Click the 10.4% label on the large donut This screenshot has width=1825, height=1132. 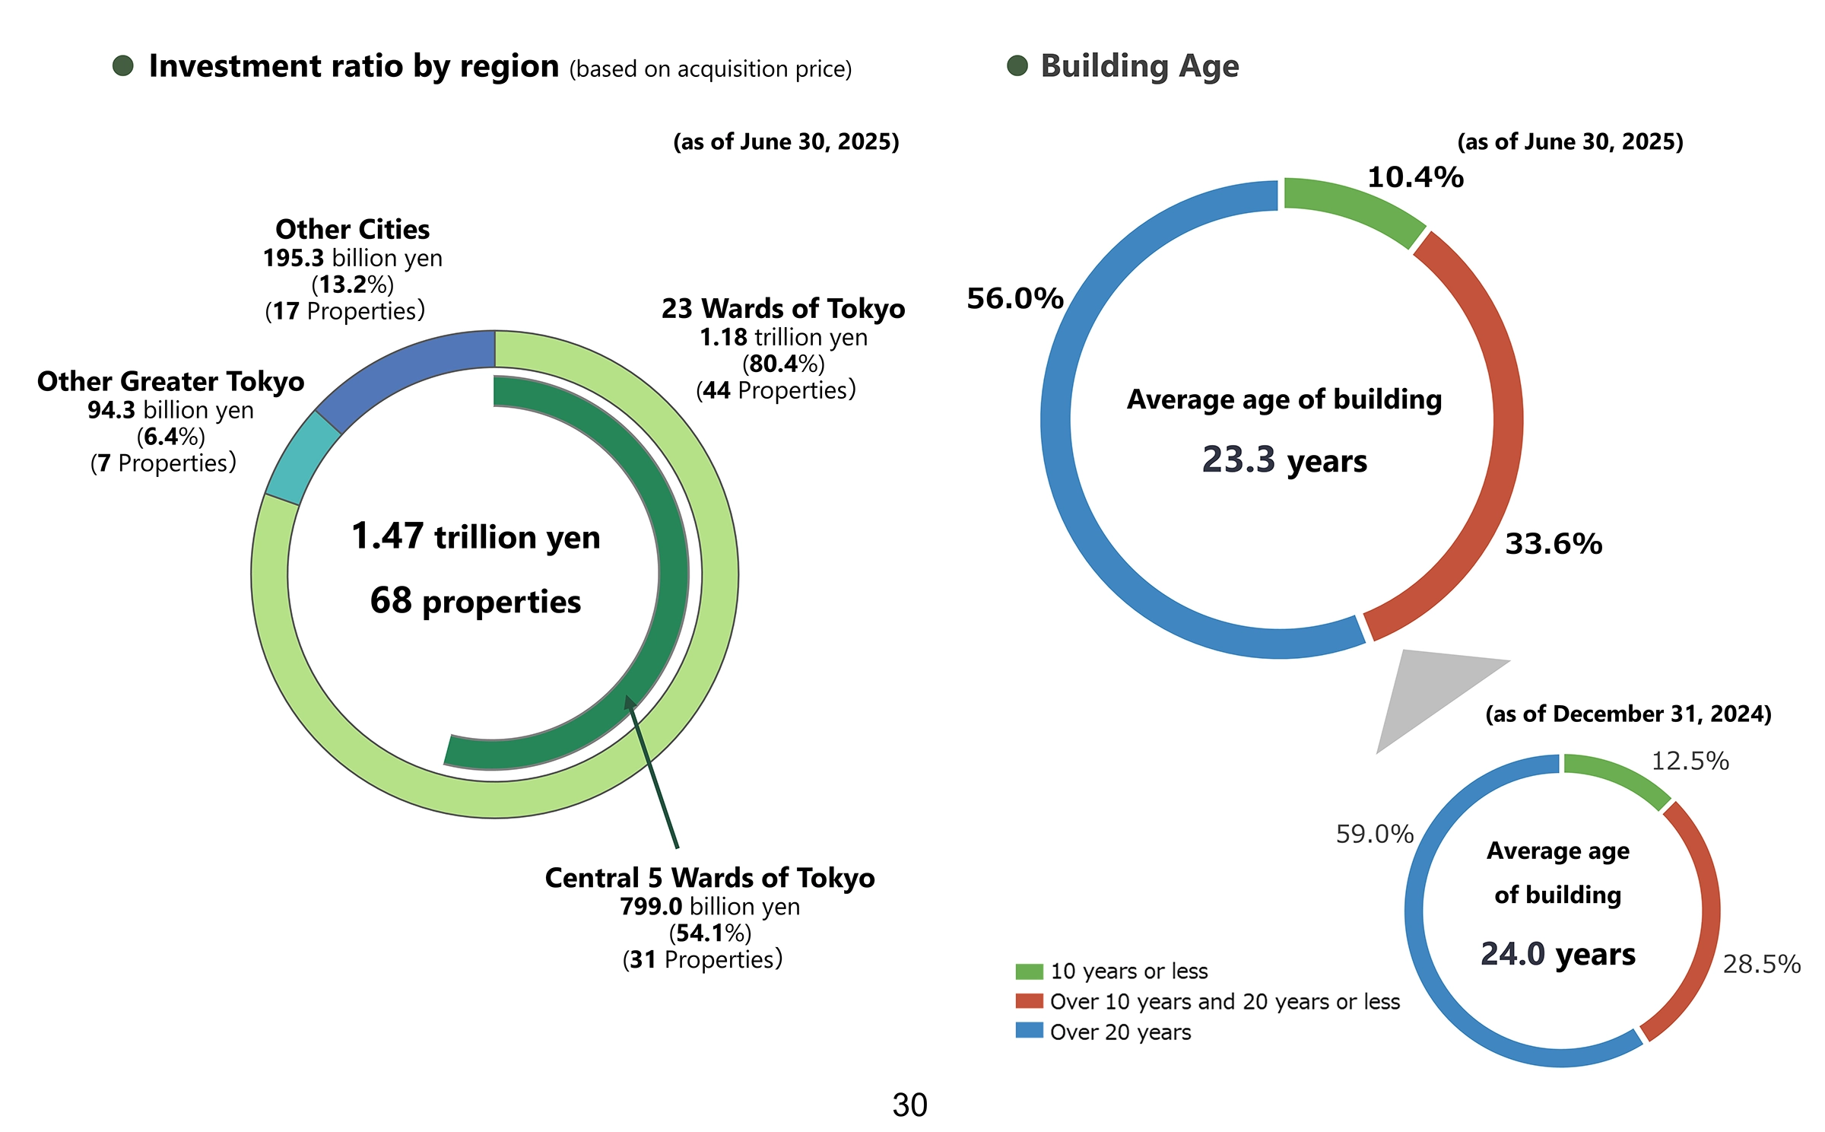(1414, 177)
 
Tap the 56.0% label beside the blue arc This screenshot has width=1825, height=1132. (1014, 298)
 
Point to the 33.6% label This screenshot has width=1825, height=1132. (1554, 544)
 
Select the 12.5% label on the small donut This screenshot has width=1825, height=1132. (1690, 761)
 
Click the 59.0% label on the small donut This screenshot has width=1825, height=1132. (1374, 834)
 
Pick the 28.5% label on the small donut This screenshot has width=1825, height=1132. (1761, 964)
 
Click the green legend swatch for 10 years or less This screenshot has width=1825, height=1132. (1029, 971)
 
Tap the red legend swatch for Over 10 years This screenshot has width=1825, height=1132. (1029, 1000)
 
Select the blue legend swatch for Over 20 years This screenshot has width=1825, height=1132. (1029, 1031)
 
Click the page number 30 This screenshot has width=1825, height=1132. (909, 1105)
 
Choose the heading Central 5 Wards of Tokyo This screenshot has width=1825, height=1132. (709, 878)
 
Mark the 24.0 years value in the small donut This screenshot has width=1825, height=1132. (1557, 954)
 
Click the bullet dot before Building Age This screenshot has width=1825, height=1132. (1017, 66)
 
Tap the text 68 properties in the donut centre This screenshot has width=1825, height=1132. (475, 601)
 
